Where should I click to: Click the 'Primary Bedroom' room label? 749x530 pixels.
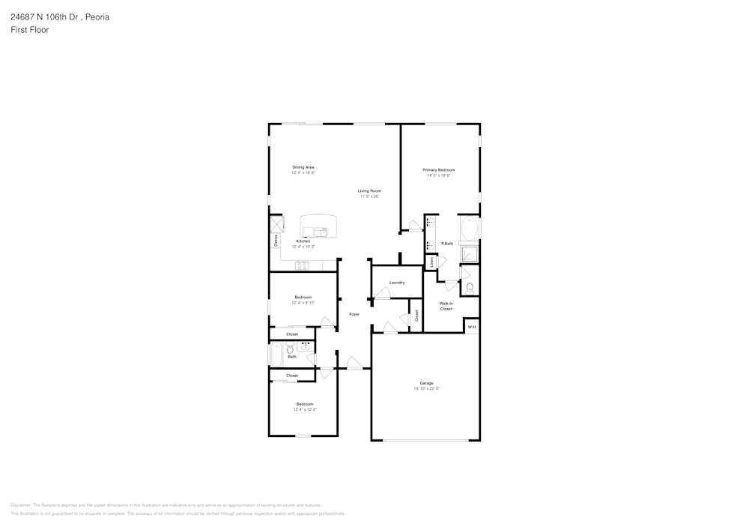[439, 170]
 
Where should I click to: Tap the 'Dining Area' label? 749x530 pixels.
[303, 167]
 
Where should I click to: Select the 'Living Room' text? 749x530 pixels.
[369, 191]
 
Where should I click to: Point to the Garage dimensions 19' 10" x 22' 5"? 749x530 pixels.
[427, 388]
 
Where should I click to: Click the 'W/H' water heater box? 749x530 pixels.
[471, 327]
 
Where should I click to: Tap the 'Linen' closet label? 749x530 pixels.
[431, 262]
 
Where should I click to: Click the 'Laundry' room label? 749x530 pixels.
[397, 283]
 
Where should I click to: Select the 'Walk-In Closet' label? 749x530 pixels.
[446, 306]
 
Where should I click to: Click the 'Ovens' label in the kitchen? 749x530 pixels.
[276, 240]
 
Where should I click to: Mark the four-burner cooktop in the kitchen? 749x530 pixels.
[303, 265]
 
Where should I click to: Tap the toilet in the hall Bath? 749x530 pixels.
[290, 349]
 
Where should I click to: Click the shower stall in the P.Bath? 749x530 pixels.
[469, 254]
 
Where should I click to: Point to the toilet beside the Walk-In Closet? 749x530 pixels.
[470, 287]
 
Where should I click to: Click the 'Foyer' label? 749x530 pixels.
[354, 314]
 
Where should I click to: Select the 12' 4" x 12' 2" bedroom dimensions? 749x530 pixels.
[305, 409]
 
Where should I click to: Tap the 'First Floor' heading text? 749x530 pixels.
[30, 30]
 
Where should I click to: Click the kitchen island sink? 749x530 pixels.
[321, 232]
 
